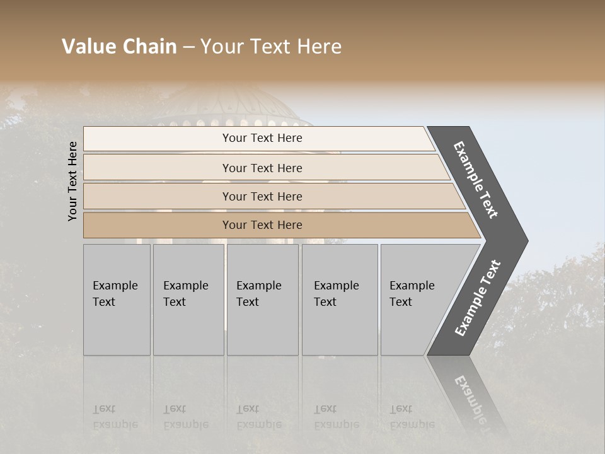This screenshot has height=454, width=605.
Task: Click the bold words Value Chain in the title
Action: pos(119,47)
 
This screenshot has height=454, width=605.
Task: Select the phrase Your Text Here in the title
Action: pos(271,47)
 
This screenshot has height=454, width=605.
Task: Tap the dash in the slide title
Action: pos(188,47)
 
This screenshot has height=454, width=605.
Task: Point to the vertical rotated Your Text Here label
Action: pos(72,181)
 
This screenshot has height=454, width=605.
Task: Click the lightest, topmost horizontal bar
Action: pos(262,138)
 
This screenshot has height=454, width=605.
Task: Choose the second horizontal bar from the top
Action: pos(262,168)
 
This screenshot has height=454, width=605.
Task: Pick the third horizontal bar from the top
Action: pos(262,196)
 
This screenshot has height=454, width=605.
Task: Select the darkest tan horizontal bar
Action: pos(262,225)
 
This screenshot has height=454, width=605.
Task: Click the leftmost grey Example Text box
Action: pos(117,300)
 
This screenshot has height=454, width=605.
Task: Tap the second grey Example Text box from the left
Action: pos(188,300)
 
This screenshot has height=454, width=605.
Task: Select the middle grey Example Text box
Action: pos(262,300)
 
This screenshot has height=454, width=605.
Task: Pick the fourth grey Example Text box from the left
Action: pos(339,300)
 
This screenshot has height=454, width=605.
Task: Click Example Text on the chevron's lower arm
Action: pos(477,298)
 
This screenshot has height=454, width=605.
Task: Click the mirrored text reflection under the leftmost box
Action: pos(115,416)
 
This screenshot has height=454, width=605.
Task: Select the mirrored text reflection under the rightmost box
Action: pos(412,416)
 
